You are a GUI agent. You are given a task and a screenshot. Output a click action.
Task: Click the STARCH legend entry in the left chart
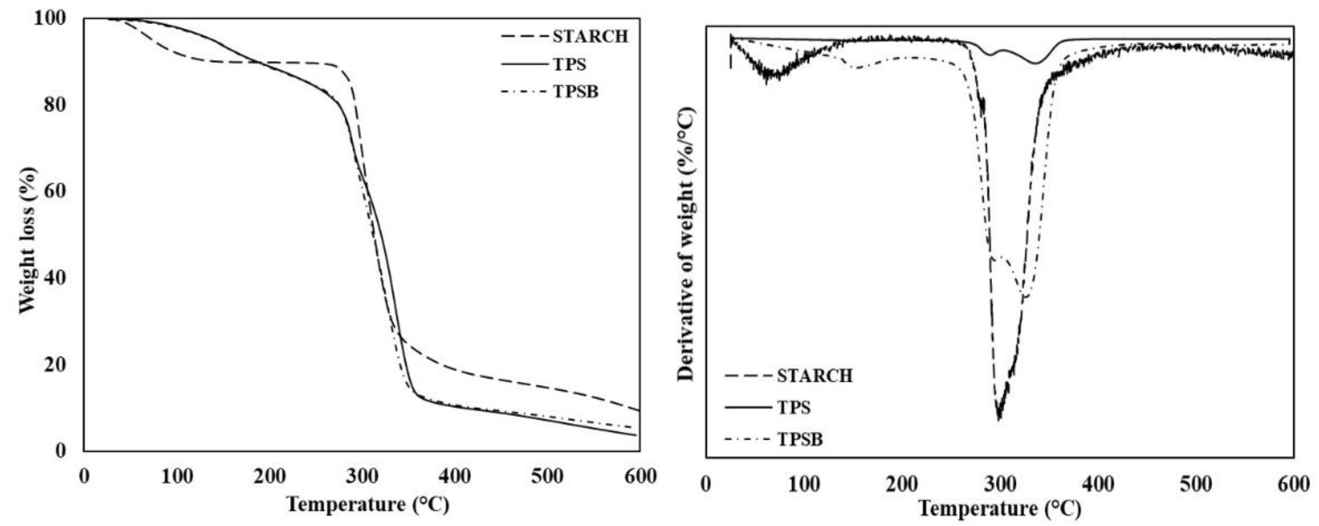pos(590,36)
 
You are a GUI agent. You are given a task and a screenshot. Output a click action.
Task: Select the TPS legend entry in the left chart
pos(569,64)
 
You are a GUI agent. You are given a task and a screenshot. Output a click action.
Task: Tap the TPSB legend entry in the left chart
pos(576,92)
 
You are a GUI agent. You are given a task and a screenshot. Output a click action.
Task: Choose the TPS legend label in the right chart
pos(794,408)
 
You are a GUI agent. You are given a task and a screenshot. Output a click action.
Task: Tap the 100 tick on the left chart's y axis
pos(50,18)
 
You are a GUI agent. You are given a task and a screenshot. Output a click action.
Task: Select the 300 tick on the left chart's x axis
pos(362,476)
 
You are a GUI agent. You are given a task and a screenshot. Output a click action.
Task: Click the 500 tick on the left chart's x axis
pos(547,476)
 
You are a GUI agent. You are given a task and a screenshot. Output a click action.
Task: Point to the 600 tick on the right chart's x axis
pos(1293,484)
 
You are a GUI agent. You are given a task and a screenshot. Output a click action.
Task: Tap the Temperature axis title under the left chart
pos(368,504)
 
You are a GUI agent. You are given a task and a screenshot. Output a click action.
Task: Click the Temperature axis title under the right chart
pos(999,508)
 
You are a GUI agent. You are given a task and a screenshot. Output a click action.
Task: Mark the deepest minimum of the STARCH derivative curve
pos(999,419)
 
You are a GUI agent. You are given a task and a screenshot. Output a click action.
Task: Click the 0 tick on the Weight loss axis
pos(60,451)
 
